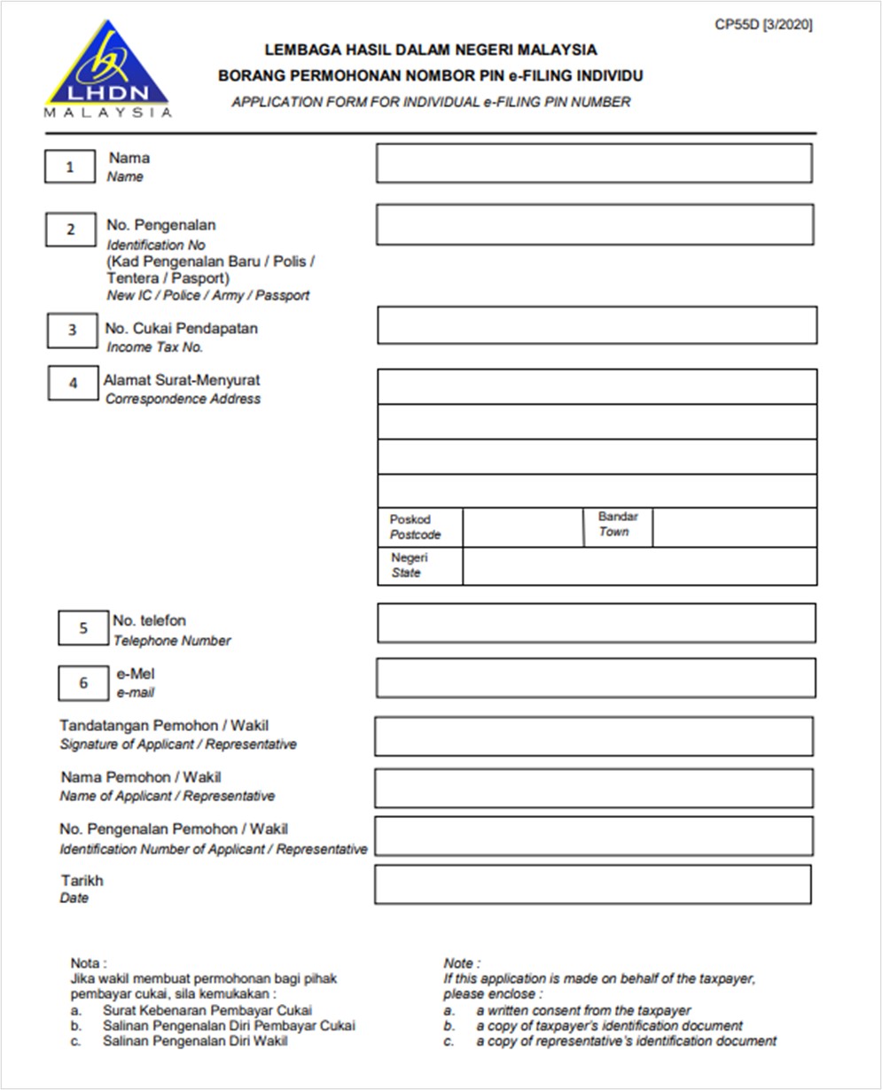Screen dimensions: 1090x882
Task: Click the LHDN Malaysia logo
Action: [107, 70]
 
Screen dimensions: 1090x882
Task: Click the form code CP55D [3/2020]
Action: [763, 25]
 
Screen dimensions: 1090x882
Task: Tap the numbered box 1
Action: [70, 167]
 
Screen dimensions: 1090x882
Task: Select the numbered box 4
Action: [73, 383]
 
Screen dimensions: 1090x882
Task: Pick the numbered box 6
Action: [83, 682]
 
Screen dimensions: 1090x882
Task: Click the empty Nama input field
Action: [594, 163]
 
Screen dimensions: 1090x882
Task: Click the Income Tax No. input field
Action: [597, 325]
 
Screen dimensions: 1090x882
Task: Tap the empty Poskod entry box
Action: [523, 527]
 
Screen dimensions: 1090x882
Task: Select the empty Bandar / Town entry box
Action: [734, 527]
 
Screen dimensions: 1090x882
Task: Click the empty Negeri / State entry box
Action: [639, 566]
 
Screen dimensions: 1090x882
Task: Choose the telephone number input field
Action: [596, 623]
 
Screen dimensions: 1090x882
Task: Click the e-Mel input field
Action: [596, 678]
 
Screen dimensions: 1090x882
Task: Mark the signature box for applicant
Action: [593, 736]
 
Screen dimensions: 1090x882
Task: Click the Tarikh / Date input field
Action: [592, 884]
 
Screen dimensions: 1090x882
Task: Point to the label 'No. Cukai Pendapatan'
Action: [182, 329]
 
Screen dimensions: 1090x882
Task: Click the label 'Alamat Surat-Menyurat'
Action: [182, 380]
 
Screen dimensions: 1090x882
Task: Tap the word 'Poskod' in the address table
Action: [410, 519]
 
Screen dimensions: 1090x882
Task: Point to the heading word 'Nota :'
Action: [89, 962]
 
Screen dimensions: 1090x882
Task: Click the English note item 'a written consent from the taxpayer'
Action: [583, 1010]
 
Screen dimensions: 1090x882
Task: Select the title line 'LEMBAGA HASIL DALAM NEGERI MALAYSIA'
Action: [431, 50]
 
